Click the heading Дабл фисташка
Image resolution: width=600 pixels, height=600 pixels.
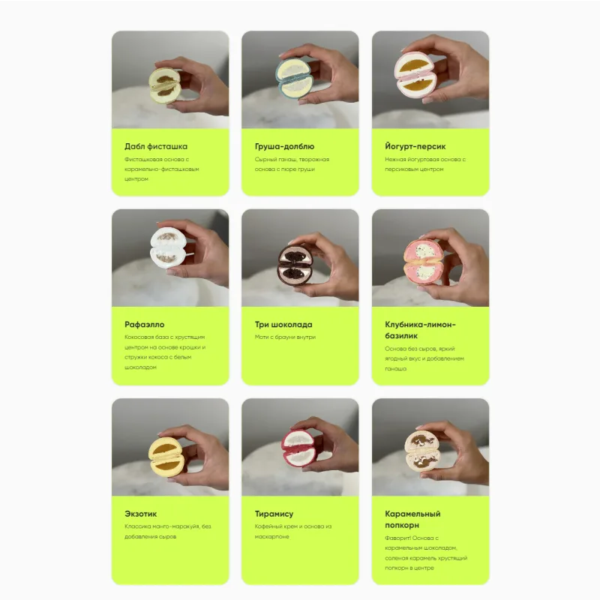point(156,146)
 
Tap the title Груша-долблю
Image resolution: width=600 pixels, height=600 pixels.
point(284,146)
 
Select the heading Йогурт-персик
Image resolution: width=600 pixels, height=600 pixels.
point(415,146)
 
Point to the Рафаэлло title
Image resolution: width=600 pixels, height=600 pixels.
point(144,325)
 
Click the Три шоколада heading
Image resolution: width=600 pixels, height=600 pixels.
point(283,325)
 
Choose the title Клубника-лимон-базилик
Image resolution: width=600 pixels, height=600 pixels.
point(420,330)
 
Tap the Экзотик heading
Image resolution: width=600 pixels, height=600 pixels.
point(140,514)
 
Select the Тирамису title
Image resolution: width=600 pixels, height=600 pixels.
point(274,514)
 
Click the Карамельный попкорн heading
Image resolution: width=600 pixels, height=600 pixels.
point(412,519)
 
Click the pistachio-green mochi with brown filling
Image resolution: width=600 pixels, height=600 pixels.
point(165,85)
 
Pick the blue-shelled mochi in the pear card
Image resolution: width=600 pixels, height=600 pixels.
point(294,79)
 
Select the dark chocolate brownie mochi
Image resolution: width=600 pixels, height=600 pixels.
point(295,265)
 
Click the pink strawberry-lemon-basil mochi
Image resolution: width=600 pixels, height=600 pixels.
point(424,262)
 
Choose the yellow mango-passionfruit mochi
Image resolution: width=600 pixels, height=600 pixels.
point(166,457)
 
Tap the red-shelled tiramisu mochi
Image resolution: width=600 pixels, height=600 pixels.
point(298,448)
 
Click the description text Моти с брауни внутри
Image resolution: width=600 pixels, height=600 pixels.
point(285,337)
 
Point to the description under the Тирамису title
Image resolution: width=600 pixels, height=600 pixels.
point(293,532)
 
